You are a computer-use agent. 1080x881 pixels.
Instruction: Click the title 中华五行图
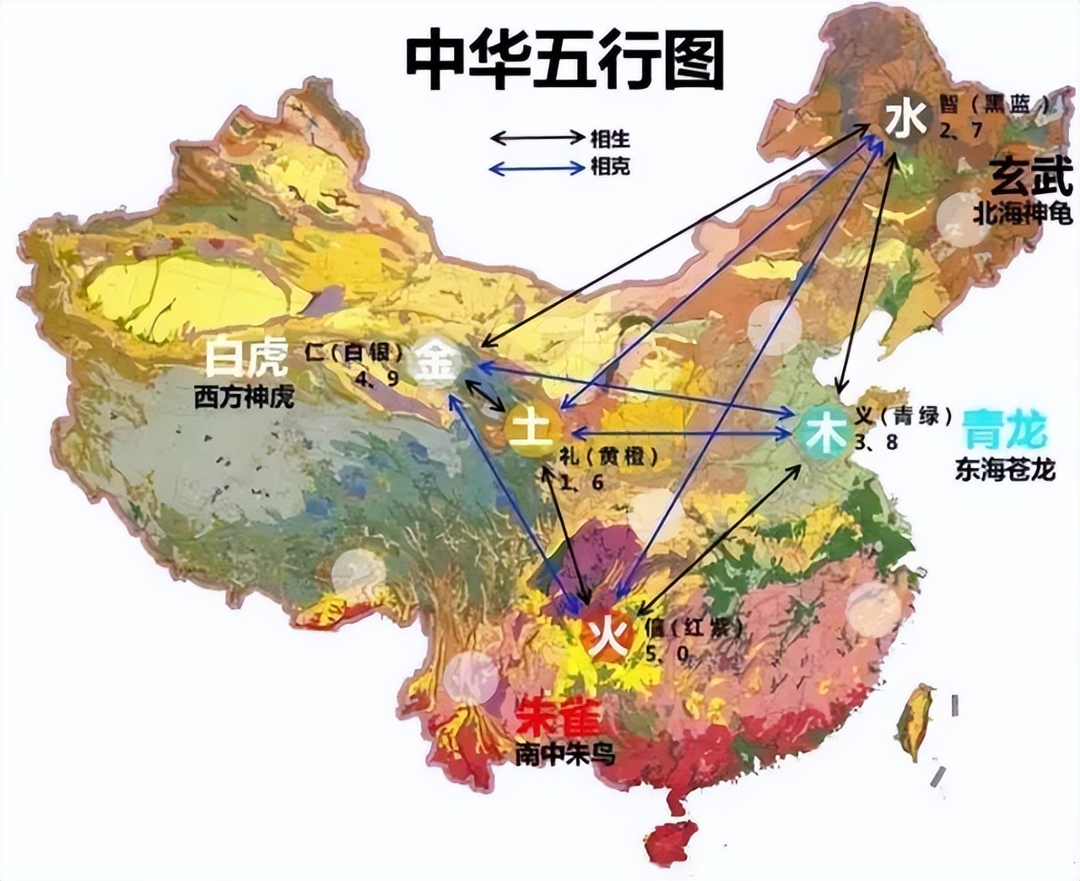(x=564, y=61)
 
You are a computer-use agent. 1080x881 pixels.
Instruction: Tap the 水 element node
(x=905, y=120)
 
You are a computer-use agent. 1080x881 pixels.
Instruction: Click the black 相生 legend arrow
(x=537, y=137)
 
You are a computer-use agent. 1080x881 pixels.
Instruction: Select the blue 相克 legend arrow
(x=537, y=168)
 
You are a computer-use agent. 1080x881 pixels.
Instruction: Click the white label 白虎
(x=246, y=358)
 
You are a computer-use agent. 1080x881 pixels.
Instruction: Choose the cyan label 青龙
(x=1004, y=430)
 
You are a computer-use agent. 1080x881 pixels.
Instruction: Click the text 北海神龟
(x=1022, y=213)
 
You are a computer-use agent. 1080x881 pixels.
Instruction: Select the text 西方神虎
(x=244, y=397)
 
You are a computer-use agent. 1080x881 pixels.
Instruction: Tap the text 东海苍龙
(x=1005, y=469)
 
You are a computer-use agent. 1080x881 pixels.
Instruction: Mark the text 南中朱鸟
(x=564, y=754)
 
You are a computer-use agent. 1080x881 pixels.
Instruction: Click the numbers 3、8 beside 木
(x=876, y=443)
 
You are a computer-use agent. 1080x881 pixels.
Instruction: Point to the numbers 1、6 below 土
(x=581, y=482)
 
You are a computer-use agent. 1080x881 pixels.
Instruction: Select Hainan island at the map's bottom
(x=672, y=841)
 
